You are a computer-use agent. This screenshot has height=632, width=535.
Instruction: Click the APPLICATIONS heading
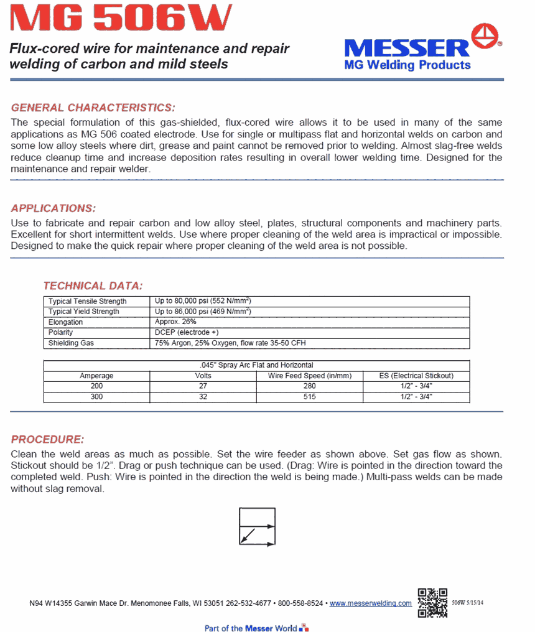tap(53, 208)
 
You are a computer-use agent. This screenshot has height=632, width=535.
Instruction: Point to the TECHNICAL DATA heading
tap(93, 286)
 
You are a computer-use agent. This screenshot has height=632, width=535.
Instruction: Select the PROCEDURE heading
tap(47, 439)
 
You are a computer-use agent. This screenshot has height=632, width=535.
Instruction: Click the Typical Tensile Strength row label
tap(88, 302)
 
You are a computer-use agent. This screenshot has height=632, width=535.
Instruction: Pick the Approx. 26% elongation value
tap(176, 322)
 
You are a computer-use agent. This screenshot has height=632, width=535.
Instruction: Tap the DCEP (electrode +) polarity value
tap(186, 333)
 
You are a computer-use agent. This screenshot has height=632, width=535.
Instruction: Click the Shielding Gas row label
tap(71, 343)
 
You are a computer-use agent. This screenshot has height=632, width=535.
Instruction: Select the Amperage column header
tap(96, 376)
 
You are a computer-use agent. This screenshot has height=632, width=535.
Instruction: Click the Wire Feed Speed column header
tap(310, 376)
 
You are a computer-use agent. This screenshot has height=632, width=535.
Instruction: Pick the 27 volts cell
tap(203, 386)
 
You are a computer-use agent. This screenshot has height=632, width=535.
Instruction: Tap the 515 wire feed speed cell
tap(310, 397)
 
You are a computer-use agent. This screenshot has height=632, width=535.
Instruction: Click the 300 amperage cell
tap(96, 397)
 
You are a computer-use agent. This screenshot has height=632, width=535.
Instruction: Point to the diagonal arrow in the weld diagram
tap(248, 536)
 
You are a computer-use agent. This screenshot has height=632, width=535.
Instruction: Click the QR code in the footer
tap(432, 602)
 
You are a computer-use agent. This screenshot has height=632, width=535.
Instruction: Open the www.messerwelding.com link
tap(370, 603)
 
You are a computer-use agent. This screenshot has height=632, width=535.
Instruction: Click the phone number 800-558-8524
tap(300, 603)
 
